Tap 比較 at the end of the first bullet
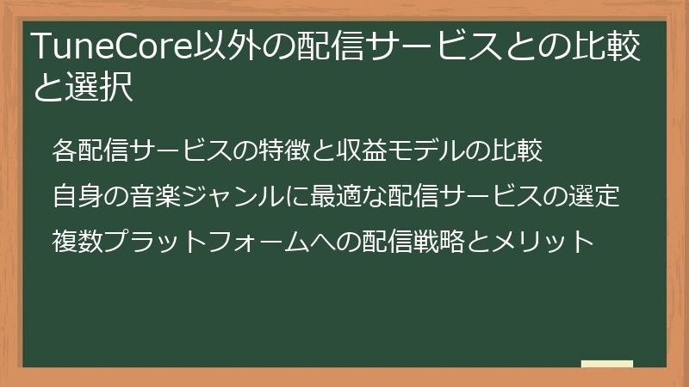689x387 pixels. pyautogui.click(x=517, y=150)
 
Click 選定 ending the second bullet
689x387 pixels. pyautogui.click(x=594, y=196)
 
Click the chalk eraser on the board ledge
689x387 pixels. pyautogui.click(x=607, y=364)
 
